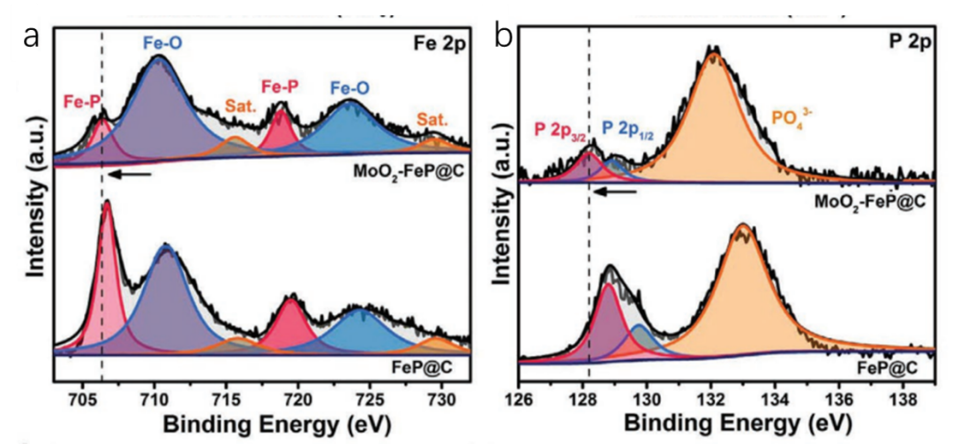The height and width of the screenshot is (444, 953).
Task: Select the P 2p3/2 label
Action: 561,131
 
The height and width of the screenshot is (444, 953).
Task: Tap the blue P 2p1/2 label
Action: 632,130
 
